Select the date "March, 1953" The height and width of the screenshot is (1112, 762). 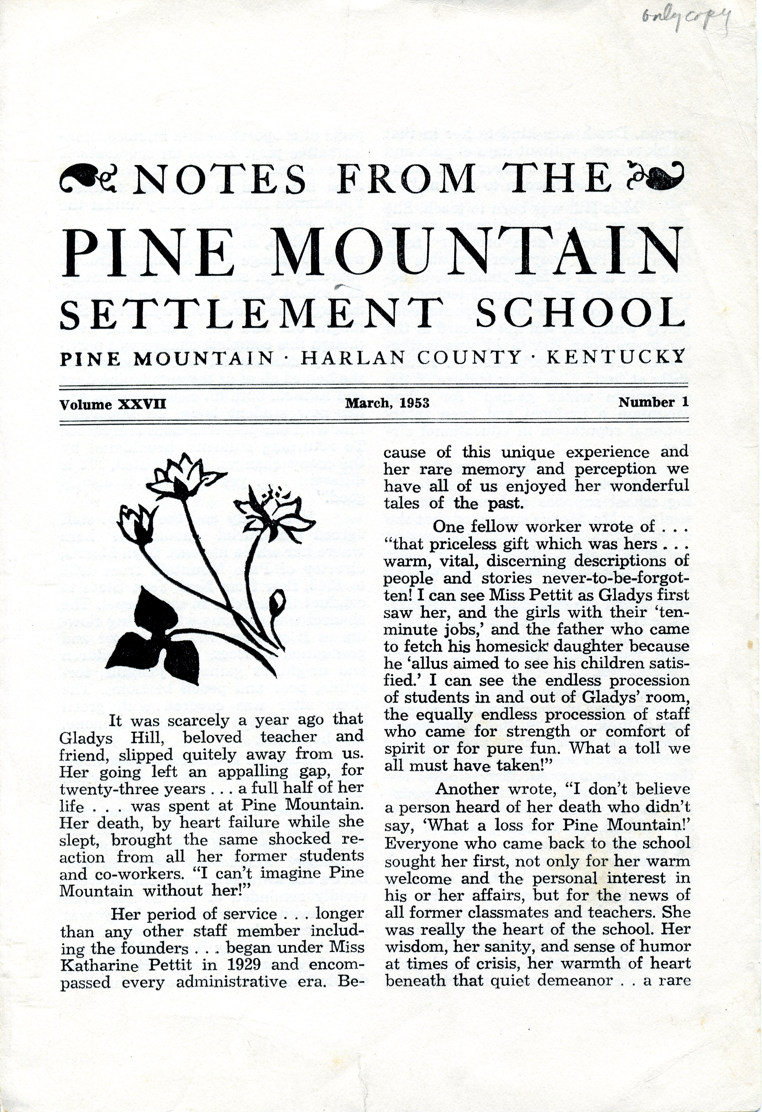[x=387, y=403]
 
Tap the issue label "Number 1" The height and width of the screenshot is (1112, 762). [x=653, y=403]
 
